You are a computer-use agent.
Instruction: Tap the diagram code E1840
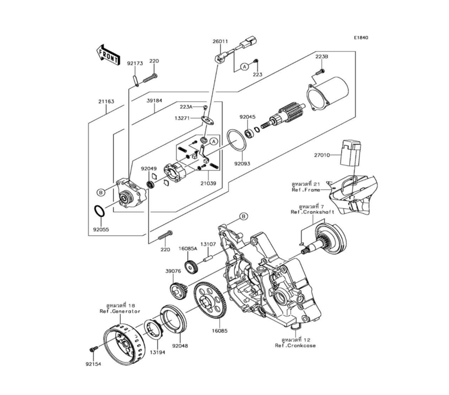pos(360,38)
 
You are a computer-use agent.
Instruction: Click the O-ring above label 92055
pos(99,210)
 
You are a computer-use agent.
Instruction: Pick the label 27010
pos(322,155)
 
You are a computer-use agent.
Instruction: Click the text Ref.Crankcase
pos(295,346)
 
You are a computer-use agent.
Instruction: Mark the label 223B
pos(321,57)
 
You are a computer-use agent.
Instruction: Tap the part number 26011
pos(220,41)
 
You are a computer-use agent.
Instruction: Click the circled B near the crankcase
pos(243,216)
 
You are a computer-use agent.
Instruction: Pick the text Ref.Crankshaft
pos(312,211)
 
